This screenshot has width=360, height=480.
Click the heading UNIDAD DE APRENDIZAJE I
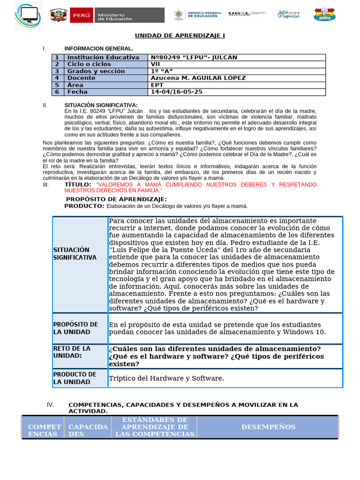pos(176,36)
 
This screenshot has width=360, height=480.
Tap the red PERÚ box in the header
pos(82,15)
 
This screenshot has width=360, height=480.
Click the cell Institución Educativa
pos(103,57)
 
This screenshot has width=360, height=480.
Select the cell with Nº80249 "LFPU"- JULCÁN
pos(194,57)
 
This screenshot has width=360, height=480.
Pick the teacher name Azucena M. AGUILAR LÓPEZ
pos(198,78)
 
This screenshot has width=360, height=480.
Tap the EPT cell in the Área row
pos(157,85)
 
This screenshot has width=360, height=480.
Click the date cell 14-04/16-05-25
pos(176,92)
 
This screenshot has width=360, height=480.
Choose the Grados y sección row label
pos(96,71)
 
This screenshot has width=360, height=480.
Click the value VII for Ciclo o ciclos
pos(155,64)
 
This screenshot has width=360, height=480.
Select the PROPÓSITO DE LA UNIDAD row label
pos(75,328)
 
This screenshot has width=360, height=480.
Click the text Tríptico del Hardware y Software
pos(166,378)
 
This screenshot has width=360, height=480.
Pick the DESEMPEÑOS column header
pos(268,427)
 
